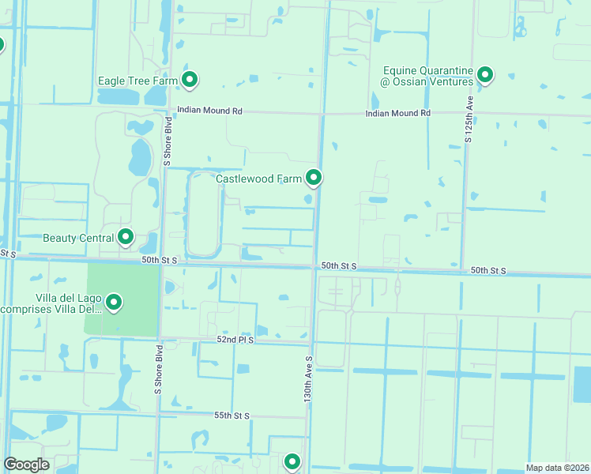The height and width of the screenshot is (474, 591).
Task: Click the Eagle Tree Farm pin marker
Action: tap(190, 80)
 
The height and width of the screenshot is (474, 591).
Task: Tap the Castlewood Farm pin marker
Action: tap(314, 179)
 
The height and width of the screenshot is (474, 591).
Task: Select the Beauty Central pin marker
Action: tap(125, 236)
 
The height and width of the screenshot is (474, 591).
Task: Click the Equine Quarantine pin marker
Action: tap(485, 76)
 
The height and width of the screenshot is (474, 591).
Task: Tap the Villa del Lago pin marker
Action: tap(114, 302)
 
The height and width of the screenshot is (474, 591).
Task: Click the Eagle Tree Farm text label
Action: tap(137, 81)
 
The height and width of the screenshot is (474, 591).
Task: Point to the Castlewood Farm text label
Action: tap(259, 179)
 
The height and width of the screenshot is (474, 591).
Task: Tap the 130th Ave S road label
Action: tap(309, 379)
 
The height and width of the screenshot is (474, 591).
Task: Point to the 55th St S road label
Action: tap(232, 415)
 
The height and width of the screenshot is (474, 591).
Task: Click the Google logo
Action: tap(27, 465)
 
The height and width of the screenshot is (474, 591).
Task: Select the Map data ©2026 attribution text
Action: tap(558, 468)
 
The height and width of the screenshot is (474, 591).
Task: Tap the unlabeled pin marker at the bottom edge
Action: tap(292, 461)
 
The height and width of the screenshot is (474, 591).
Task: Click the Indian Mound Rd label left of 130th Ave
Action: tap(209, 111)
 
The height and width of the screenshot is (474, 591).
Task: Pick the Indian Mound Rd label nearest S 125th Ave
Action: tap(398, 114)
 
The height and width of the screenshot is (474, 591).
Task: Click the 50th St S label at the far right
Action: tap(488, 271)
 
